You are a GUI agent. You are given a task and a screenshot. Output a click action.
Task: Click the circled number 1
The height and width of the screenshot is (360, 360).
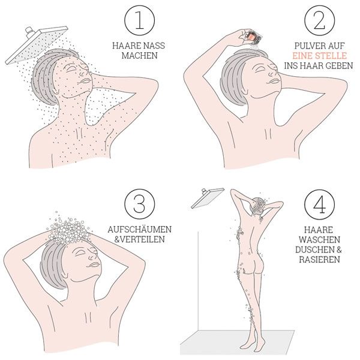point(140,20)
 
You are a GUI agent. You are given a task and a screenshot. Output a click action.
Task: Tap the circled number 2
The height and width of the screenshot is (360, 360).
point(320,20)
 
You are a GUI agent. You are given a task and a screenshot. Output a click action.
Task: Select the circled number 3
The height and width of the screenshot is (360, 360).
point(140,204)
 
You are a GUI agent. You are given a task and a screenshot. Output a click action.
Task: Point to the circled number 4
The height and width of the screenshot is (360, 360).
point(320,205)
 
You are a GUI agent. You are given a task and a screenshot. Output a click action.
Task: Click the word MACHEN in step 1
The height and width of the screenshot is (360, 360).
point(140,56)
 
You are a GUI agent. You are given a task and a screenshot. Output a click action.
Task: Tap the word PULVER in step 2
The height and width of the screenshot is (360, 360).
point(307,46)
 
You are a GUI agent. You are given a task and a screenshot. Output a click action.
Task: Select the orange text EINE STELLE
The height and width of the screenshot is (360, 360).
point(320,56)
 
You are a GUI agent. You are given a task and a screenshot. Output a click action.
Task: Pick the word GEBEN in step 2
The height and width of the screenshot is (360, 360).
point(340,65)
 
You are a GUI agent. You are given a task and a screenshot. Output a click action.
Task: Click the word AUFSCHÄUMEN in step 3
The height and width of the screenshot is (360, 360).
point(140,229)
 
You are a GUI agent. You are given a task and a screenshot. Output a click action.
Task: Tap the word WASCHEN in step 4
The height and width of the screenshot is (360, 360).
point(319,239)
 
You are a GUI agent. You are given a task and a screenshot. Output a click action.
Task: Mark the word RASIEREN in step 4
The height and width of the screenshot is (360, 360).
point(319,259)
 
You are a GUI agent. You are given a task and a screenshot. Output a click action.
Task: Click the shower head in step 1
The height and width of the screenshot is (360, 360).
point(37,45)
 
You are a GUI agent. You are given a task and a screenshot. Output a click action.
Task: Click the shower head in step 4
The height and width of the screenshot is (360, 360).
point(208,198)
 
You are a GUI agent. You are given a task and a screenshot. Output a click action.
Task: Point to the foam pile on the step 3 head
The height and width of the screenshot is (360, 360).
point(68,229)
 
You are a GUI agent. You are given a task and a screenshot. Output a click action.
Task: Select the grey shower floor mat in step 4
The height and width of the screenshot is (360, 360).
point(237,343)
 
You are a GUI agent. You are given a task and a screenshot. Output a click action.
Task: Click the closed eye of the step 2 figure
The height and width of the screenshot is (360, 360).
point(261,68)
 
